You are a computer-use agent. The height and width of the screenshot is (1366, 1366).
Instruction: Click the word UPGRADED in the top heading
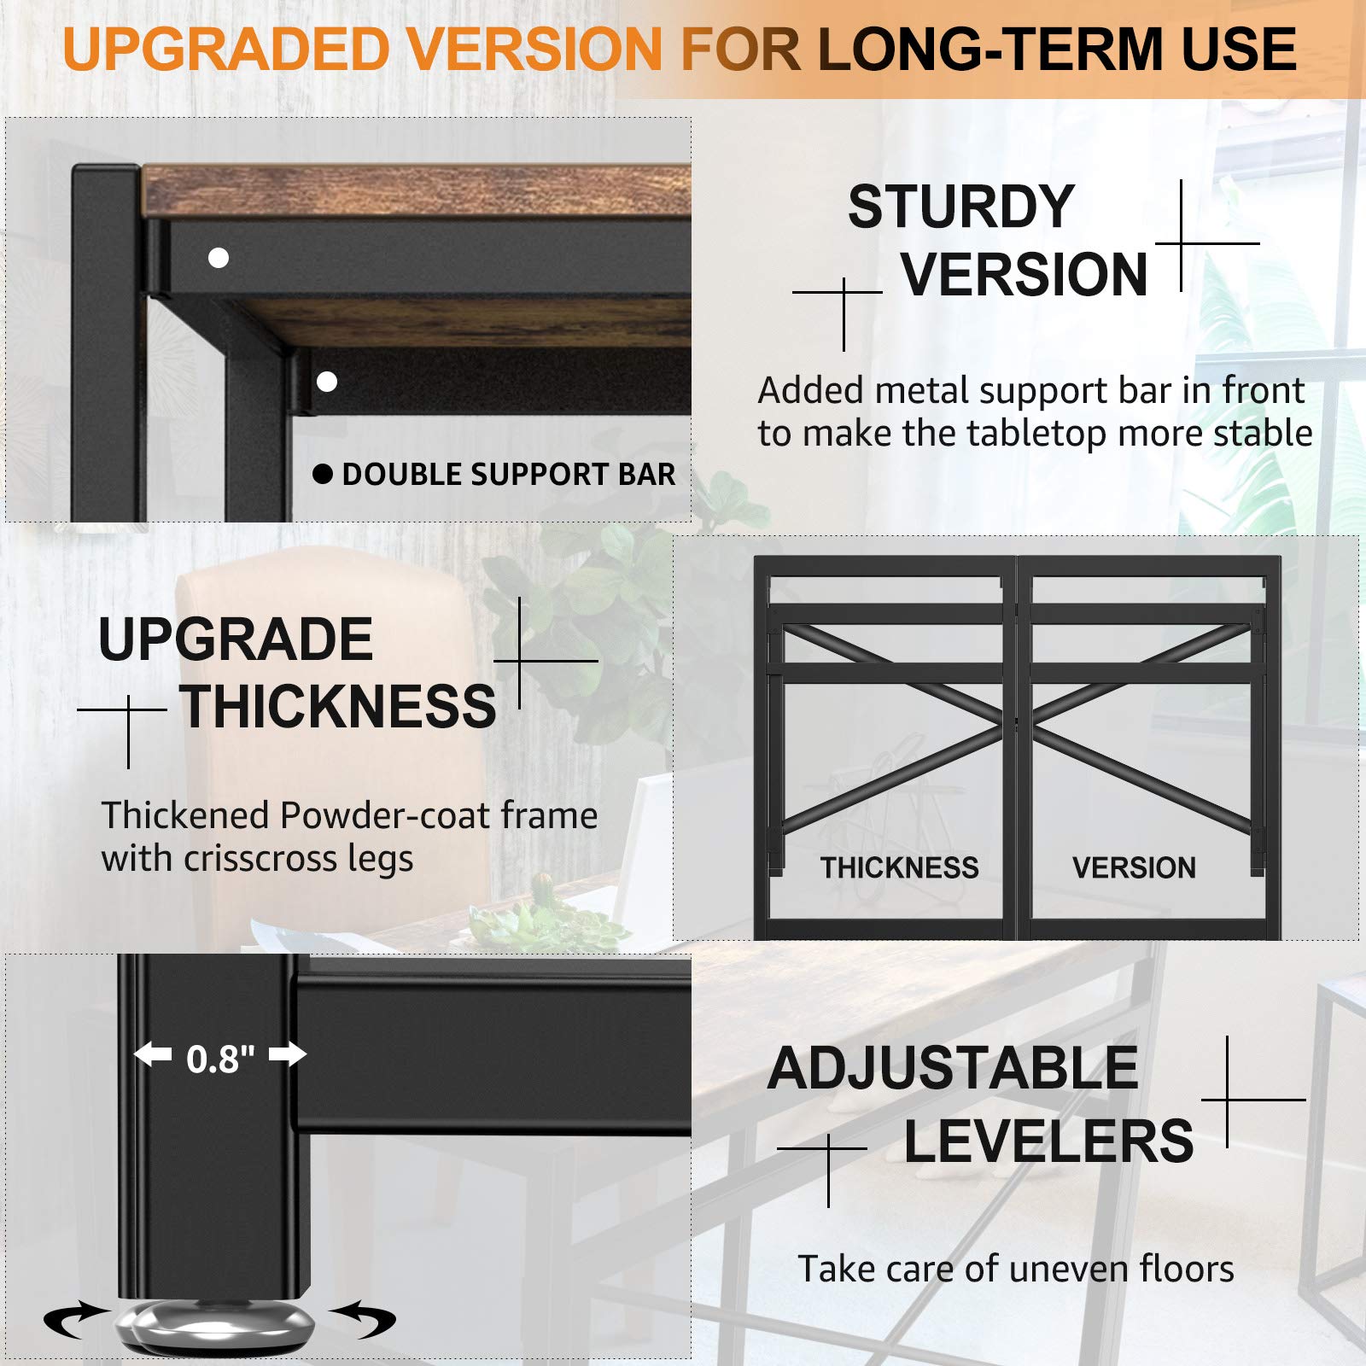(226, 49)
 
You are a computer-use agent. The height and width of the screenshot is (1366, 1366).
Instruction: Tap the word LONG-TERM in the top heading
(994, 49)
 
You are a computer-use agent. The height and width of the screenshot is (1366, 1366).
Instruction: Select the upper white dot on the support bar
(219, 258)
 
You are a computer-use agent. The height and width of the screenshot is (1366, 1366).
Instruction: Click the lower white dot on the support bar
(327, 382)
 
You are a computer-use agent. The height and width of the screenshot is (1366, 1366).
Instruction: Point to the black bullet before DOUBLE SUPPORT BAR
(323, 474)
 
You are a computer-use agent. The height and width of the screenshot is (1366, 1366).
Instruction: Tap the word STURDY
(961, 207)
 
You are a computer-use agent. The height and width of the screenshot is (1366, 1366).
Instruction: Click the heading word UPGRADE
(236, 639)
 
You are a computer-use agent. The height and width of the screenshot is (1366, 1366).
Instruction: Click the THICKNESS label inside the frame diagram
(900, 867)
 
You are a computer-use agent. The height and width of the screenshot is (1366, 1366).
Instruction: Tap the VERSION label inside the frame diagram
(1134, 867)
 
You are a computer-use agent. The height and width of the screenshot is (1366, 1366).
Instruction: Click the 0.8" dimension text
(220, 1059)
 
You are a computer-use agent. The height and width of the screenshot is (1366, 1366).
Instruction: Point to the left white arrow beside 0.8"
(153, 1055)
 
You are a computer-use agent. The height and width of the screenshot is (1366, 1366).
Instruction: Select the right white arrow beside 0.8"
(288, 1055)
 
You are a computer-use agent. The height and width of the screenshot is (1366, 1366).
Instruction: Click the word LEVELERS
(1048, 1141)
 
